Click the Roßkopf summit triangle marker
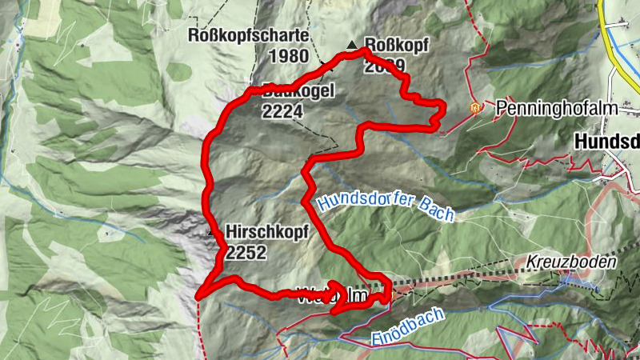pyautogui.click(x=350, y=44)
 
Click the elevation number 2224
pyautogui.click(x=282, y=112)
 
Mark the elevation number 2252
pyautogui.click(x=246, y=253)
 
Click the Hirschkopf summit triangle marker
pyautogui.click(x=212, y=233)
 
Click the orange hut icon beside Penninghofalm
pyautogui.click(x=476, y=106)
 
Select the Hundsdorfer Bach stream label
pyautogui.click(x=385, y=204)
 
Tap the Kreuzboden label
pyautogui.click(x=571, y=262)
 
